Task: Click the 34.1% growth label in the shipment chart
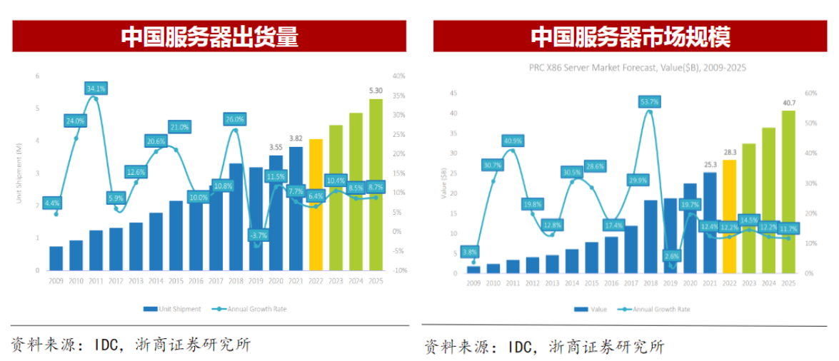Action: click(x=95, y=89)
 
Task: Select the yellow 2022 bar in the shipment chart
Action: click(x=316, y=207)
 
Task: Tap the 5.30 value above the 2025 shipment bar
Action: click(x=376, y=91)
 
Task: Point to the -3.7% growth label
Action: click(x=257, y=235)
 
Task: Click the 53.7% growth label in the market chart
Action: click(x=649, y=102)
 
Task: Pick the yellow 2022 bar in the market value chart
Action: click(x=729, y=218)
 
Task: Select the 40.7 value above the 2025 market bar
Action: click(x=788, y=103)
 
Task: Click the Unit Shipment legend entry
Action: click(x=171, y=309)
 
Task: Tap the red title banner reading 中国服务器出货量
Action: click(x=209, y=36)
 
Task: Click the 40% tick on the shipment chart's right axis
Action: click(x=398, y=76)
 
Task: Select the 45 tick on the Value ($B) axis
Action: click(x=453, y=93)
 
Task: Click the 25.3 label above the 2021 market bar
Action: click(x=709, y=165)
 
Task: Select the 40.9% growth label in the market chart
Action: click(x=512, y=141)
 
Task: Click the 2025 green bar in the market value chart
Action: click(x=788, y=193)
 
